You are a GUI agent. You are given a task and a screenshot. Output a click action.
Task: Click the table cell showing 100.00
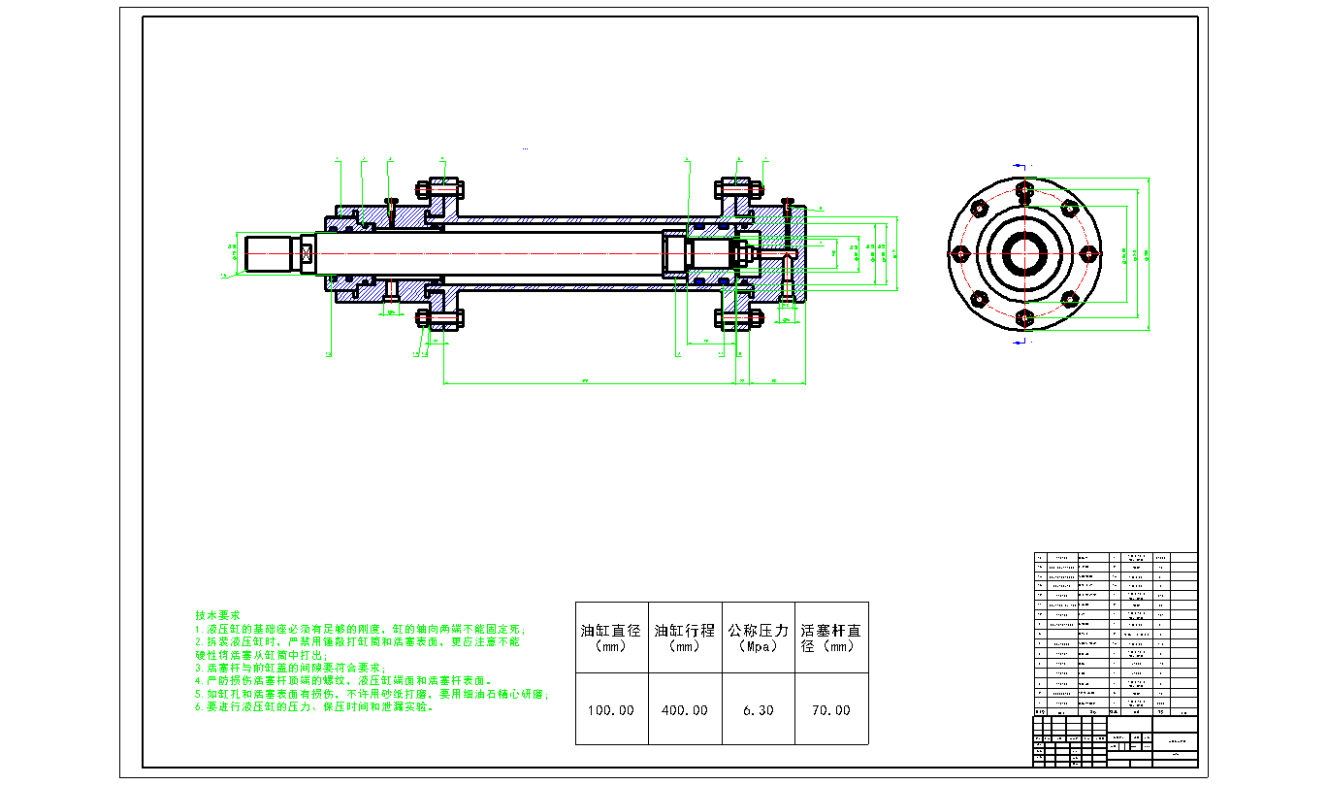[x=611, y=710]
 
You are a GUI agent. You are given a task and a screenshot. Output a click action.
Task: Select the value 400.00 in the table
[x=685, y=710]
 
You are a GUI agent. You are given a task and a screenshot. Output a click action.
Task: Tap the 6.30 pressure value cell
[x=758, y=710]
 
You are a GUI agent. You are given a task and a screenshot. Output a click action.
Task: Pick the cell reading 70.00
[x=830, y=710]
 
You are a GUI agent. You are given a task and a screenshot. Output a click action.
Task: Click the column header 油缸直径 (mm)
[x=611, y=638]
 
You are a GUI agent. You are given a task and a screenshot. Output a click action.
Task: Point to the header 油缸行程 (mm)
[x=685, y=638]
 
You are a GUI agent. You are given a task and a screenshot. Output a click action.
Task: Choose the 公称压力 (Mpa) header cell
[x=758, y=638]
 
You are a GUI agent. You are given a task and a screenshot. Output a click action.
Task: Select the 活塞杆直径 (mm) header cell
[x=830, y=638]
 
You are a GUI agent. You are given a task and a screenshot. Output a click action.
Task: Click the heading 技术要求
[x=217, y=615]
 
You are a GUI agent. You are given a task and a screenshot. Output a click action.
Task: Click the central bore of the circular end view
[x=1024, y=254]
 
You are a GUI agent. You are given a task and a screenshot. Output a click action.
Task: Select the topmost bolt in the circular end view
[x=1024, y=188]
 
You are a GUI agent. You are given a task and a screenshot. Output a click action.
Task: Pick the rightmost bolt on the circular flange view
[x=1089, y=254]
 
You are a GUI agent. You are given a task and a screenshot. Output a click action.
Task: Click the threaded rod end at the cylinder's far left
[x=274, y=253]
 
